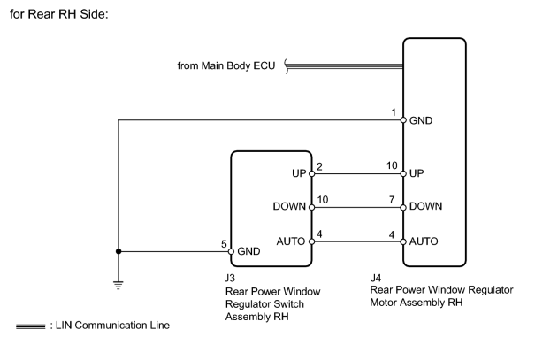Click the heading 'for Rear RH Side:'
[x=59, y=14]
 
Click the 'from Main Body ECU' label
[x=226, y=65]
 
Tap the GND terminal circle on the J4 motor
[x=403, y=120]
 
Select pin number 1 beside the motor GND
[x=394, y=112]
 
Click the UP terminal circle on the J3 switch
[x=311, y=173]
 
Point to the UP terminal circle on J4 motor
[x=403, y=173]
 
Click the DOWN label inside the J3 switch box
[x=289, y=206]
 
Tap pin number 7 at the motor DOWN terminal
[x=392, y=200]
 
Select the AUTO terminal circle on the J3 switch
[x=311, y=241]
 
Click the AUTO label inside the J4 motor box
[x=424, y=241]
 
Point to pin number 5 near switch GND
[x=224, y=244]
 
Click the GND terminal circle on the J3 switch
[x=231, y=251]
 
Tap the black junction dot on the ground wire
[x=118, y=251]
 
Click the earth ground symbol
[x=118, y=286]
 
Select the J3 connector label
[x=230, y=278]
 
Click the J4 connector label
[x=376, y=278]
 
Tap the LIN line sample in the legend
[x=30, y=326]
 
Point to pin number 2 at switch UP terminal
[x=319, y=166]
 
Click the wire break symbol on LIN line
[x=287, y=66]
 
